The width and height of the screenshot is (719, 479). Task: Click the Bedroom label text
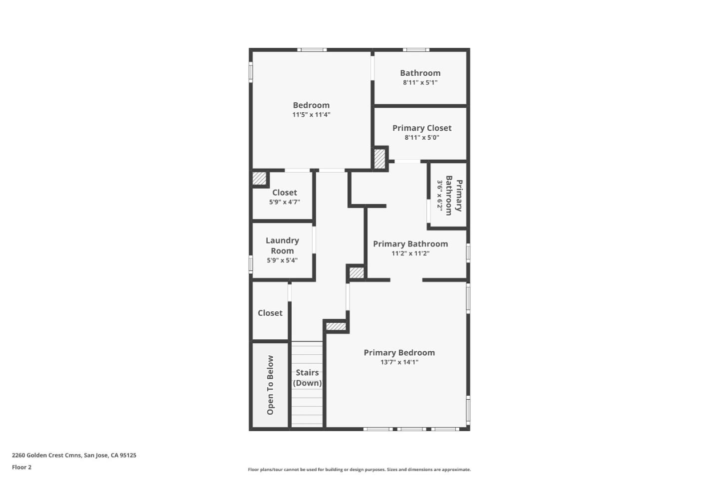coord(311,105)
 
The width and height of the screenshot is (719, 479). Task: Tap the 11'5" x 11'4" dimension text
coord(311,115)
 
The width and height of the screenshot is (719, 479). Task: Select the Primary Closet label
coord(422,128)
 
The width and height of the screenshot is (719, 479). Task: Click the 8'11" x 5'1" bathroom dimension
coord(420,83)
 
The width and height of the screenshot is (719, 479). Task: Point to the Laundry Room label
coord(282,245)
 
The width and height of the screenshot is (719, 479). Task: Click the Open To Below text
coord(270,385)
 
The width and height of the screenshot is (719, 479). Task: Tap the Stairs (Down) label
coord(307,378)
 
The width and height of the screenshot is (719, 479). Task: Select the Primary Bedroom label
coord(399,353)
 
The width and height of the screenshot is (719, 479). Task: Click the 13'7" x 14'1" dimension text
coord(399,362)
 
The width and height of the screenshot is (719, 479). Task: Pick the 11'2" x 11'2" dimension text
coord(410,253)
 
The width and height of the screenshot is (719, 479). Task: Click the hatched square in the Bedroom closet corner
coord(259,178)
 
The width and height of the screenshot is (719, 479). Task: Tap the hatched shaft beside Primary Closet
coord(379,159)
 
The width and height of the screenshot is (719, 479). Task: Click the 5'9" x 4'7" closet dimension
coord(284,202)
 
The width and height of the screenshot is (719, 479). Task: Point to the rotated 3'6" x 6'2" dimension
coord(440,195)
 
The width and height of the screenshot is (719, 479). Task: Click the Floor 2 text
coord(21,468)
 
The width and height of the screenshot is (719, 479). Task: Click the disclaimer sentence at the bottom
coord(359,470)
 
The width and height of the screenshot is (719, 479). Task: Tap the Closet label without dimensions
coord(270,313)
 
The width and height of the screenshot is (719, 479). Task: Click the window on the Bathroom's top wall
coord(416,50)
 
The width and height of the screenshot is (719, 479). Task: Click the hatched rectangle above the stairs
coord(336,326)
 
